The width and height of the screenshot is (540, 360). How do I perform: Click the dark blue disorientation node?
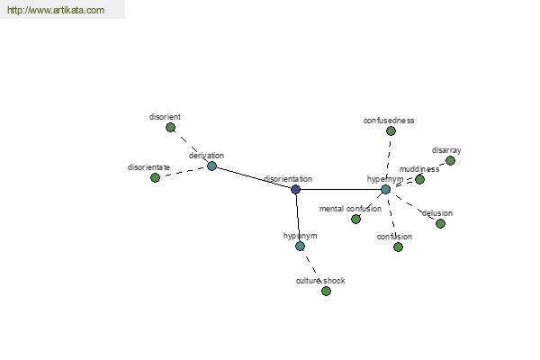(295, 189)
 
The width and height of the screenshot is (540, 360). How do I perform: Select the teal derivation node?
(211, 166)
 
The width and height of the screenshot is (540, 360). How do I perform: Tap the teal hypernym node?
(386, 189)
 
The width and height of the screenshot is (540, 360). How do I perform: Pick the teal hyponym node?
(300, 246)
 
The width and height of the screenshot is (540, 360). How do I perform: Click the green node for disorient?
(170, 128)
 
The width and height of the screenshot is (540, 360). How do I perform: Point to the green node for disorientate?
(155, 178)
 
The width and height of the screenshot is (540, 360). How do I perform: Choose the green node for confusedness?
(391, 130)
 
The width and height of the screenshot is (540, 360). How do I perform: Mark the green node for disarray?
(450, 160)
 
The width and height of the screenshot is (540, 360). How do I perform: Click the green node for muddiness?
(419, 179)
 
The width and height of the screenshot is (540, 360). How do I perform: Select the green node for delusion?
(440, 223)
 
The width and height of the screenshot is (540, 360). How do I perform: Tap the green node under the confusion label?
(398, 247)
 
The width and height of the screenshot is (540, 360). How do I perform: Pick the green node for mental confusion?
(355, 219)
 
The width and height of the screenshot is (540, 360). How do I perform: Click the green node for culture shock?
(326, 291)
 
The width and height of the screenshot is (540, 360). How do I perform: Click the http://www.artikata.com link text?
(56, 10)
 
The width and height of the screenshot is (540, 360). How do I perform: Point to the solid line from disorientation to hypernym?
(340, 189)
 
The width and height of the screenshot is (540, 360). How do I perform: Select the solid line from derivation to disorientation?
(254, 178)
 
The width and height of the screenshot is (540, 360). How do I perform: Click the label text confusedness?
(389, 121)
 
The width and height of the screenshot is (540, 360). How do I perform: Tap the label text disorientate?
(148, 167)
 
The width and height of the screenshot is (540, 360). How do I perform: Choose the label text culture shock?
(320, 281)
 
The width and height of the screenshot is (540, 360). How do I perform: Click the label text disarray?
(446, 150)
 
